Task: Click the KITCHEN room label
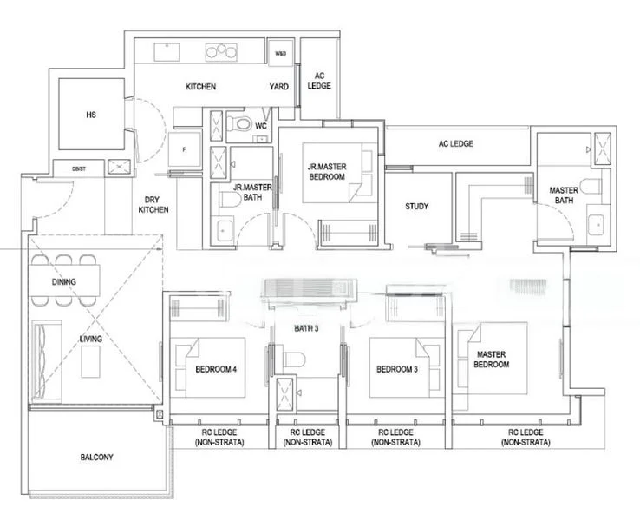(200, 87)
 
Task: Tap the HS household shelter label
(90, 114)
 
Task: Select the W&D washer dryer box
(281, 54)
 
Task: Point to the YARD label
(278, 87)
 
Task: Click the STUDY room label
(418, 207)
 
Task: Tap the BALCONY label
(96, 457)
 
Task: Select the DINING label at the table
(63, 282)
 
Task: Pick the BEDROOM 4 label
(216, 369)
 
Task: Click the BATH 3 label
(307, 329)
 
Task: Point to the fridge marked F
(183, 149)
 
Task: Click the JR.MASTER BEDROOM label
(326, 171)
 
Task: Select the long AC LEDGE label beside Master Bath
(455, 143)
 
